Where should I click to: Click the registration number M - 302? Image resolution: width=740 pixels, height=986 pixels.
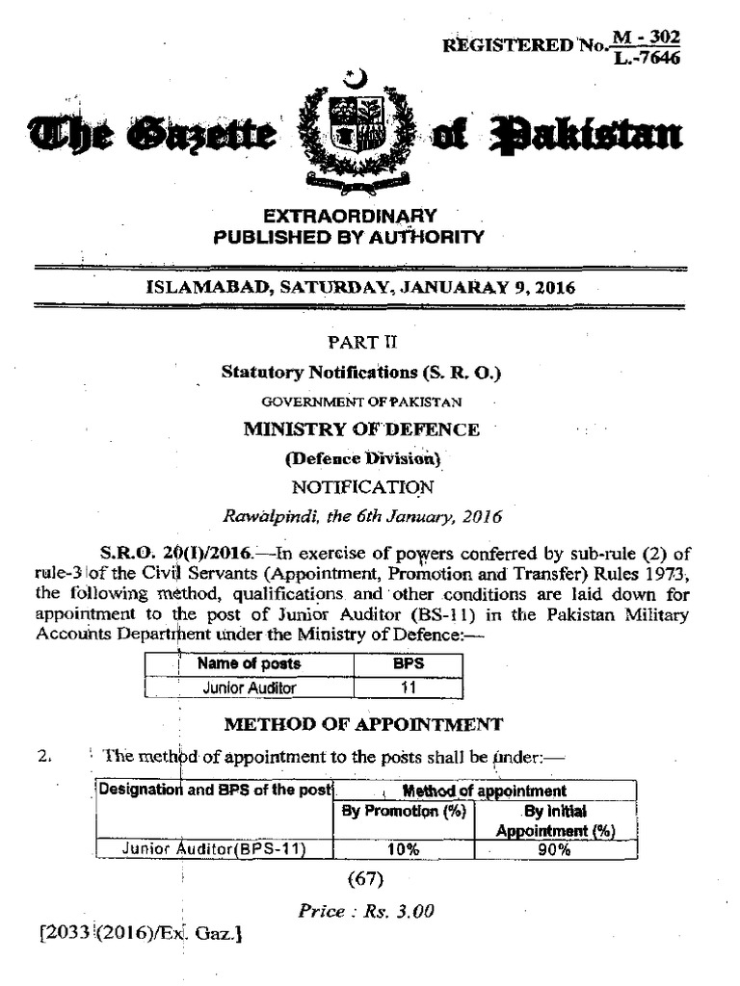click(x=650, y=37)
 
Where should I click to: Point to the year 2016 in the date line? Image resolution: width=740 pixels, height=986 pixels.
click(x=555, y=286)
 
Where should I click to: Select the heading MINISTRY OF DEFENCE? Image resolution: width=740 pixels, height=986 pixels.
click(x=361, y=429)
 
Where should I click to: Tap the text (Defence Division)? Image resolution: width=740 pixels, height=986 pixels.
click(x=361, y=458)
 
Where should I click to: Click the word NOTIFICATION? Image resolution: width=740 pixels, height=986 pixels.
click(x=361, y=487)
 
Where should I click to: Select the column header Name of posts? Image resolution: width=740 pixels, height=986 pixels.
click(x=249, y=663)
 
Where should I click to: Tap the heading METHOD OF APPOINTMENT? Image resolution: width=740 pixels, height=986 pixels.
click(x=362, y=723)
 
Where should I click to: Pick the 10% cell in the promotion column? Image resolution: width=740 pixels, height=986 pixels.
click(x=404, y=849)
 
